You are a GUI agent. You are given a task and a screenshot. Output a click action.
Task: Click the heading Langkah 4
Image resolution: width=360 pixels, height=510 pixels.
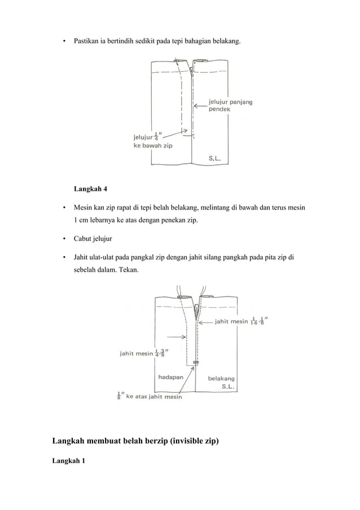click(90, 188)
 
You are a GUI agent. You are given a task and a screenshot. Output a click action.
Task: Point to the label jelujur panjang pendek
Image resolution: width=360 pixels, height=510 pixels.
click(230, 105)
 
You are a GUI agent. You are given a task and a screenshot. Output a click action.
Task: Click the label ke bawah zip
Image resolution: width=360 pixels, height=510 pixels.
click(152, 145)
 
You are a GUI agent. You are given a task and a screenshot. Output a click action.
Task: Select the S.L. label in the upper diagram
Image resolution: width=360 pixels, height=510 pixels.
click(217, 159)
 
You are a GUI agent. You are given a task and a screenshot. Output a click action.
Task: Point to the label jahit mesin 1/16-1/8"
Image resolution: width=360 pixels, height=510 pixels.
click(242, 321)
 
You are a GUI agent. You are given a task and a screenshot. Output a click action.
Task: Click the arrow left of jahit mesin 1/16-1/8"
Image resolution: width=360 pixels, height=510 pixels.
click(205, 321)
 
